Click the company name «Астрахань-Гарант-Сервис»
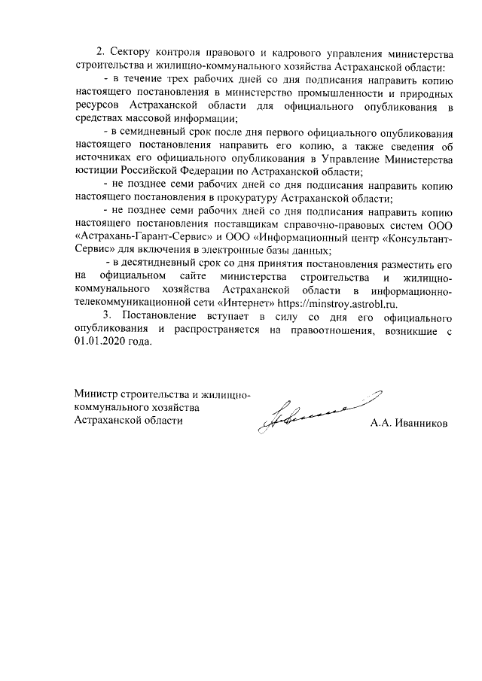point(142,238)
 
